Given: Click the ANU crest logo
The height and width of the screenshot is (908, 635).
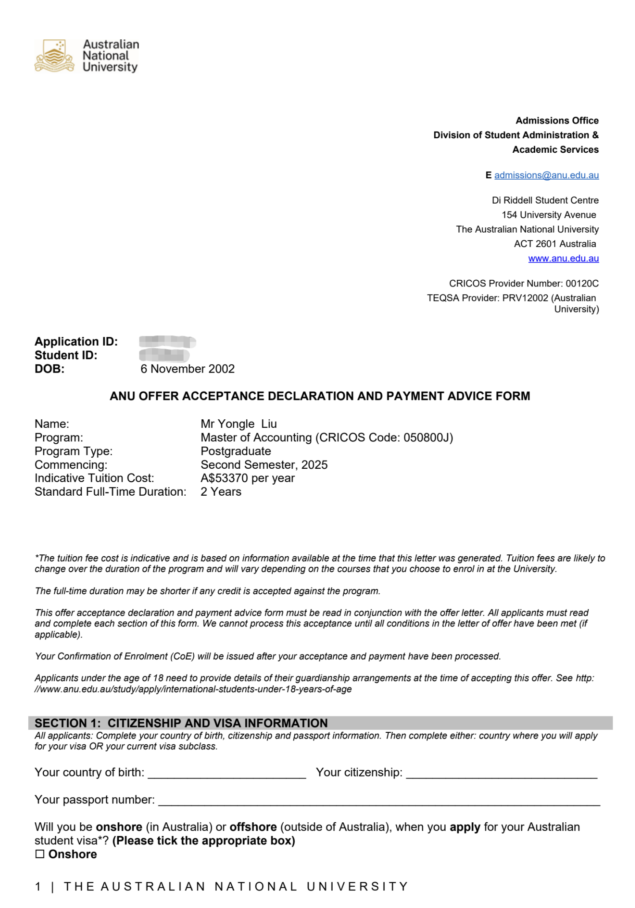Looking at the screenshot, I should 54,56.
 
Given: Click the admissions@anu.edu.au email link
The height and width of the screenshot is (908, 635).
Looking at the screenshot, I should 546,175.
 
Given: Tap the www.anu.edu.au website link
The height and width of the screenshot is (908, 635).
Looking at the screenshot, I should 563,258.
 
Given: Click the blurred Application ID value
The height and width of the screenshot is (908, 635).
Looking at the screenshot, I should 167,342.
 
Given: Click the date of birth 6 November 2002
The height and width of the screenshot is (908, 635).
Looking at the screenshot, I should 188,369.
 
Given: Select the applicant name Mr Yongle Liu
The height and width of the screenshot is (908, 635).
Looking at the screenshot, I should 238,424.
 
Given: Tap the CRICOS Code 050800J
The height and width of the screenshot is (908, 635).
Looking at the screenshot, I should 428,437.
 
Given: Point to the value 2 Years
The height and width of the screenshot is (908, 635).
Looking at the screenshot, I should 221,492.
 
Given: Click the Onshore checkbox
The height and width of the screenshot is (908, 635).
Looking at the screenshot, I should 40,854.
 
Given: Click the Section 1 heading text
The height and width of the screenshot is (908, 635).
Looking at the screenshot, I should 181,723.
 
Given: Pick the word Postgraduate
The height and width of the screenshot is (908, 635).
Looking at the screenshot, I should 236,451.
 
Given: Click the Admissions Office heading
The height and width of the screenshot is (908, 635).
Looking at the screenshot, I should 557,121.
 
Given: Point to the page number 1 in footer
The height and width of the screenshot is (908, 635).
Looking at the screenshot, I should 38,886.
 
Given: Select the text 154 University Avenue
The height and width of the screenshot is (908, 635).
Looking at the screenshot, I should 549,215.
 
